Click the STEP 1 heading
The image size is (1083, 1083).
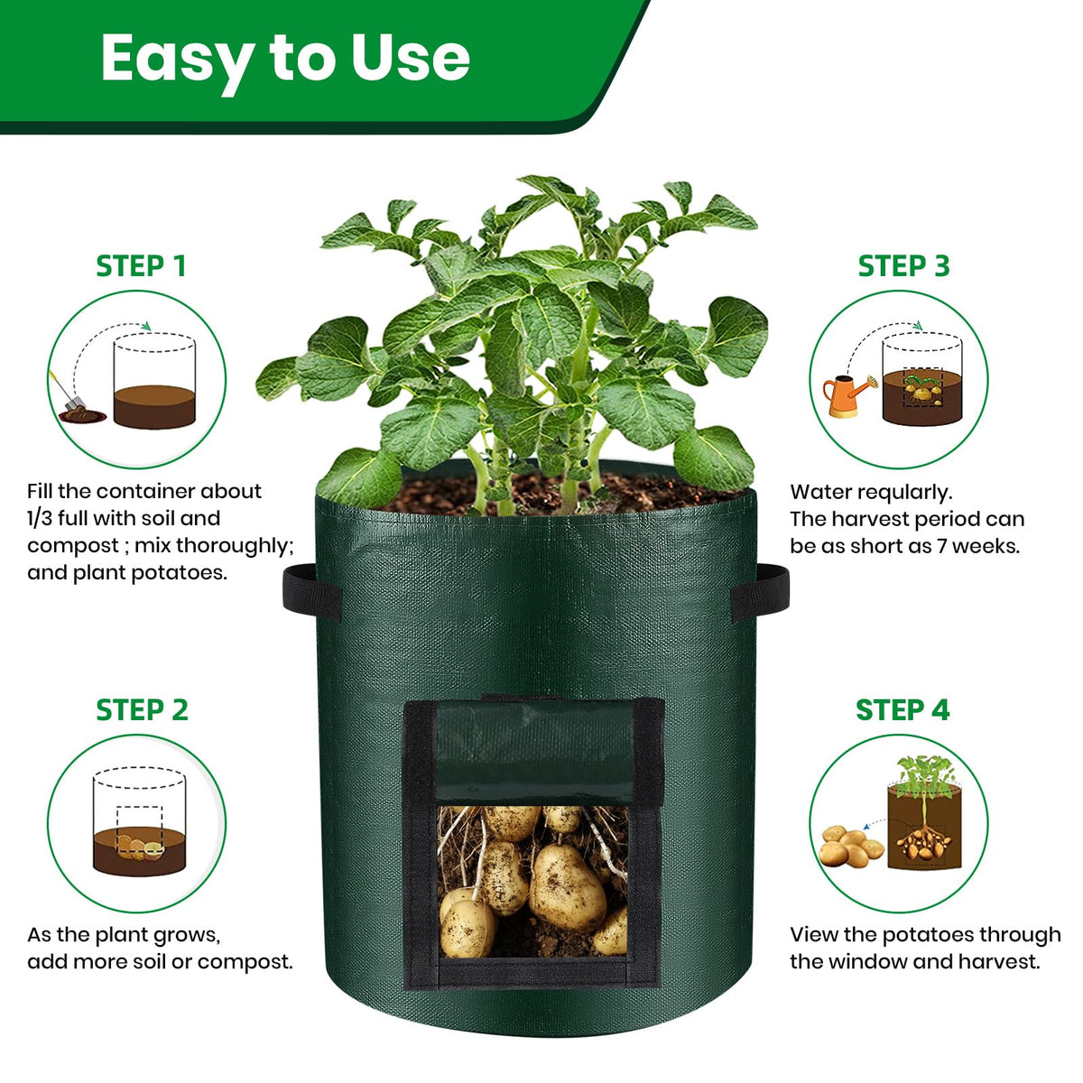141,266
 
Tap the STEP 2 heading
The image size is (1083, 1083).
142,710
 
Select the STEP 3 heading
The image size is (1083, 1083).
903,266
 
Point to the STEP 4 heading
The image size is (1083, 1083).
902,710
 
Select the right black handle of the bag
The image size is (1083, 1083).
760,592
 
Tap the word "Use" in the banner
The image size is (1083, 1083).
411,57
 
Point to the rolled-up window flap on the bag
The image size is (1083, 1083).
535,753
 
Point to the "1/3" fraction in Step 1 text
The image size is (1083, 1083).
40,518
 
